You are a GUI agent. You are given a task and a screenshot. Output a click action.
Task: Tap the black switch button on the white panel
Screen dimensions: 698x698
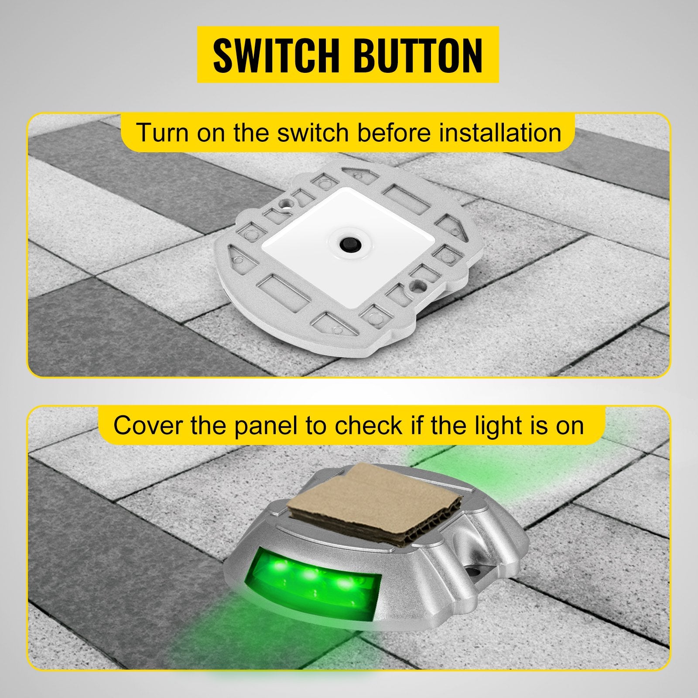pyautogui.click(x=348, y=241)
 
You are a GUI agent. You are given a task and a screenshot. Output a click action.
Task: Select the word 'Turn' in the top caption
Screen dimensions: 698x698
pyautogui.click(x=162, y=133)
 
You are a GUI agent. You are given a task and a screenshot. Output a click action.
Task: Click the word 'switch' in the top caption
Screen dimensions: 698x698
pyautogui.click(x=312, y=133)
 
